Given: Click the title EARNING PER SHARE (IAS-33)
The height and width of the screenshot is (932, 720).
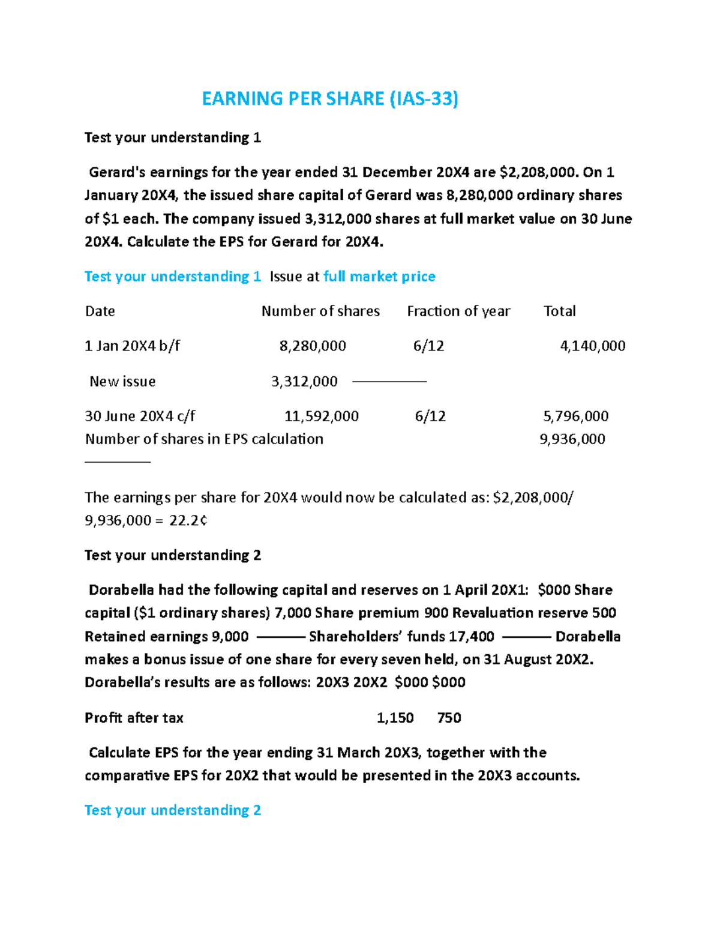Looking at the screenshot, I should (330, 98).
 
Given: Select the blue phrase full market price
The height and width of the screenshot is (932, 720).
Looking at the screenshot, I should (379, 277).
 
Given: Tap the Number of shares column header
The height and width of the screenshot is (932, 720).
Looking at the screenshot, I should (320, 311).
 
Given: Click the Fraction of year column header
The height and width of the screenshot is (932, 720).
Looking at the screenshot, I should (458, 311).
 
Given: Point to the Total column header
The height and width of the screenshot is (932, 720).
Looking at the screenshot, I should (559, 311).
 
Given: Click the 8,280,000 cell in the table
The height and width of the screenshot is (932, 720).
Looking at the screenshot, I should (313, 346).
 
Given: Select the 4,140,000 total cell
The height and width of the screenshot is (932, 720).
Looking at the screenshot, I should (592, 346).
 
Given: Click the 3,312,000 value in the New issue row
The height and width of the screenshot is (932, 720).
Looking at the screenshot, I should (304, 382).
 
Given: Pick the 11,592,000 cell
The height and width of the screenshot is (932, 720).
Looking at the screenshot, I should (321, 416).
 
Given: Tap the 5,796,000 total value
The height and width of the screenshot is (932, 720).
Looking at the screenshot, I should (575, 416).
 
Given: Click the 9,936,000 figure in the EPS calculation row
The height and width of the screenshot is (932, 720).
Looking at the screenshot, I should (572, 439).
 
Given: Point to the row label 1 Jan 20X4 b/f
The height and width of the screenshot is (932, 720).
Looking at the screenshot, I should (132, 346).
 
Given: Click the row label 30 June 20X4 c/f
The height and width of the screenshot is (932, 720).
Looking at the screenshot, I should (140, 416).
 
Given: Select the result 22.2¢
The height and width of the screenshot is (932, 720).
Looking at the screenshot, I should (188, 521).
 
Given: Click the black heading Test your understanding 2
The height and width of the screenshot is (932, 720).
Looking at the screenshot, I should (173, 555).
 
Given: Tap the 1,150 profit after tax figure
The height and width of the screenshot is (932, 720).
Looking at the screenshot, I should (395, 718).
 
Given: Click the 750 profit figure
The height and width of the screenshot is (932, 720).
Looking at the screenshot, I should (449, 718).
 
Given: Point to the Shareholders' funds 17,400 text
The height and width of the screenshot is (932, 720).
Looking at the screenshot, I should (401, 637).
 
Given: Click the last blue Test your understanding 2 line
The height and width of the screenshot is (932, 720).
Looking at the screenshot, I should (173, 811).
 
